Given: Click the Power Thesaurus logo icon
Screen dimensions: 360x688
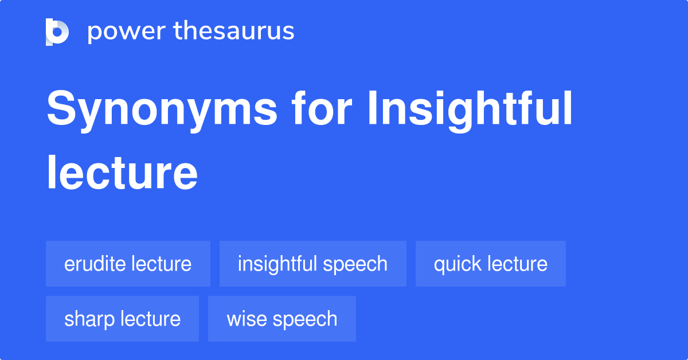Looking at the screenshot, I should click(57, 32).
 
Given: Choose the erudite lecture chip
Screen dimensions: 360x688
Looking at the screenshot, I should click(128, 264).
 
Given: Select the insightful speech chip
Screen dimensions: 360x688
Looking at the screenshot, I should click(312, 264).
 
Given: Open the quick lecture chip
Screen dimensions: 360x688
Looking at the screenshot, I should click(490, 264).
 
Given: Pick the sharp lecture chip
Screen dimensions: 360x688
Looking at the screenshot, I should click(122, 319).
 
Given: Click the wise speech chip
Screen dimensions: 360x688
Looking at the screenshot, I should click(282, 319).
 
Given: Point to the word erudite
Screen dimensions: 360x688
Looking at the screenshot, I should click(95, 264).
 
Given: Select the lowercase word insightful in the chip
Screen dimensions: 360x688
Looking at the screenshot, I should click(277, 264).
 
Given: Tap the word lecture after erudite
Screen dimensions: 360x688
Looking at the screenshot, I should click(161, 264).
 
